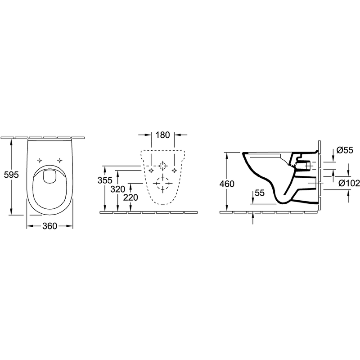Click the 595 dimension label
(11, 175)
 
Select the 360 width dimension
(50, 226)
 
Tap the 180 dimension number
(162, 135)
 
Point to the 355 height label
(105, 180)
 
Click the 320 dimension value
(118, 189)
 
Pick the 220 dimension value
(130, 198)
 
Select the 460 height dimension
(227, 184)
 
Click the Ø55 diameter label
(345, 150)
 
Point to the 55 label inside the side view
(260, 193)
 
